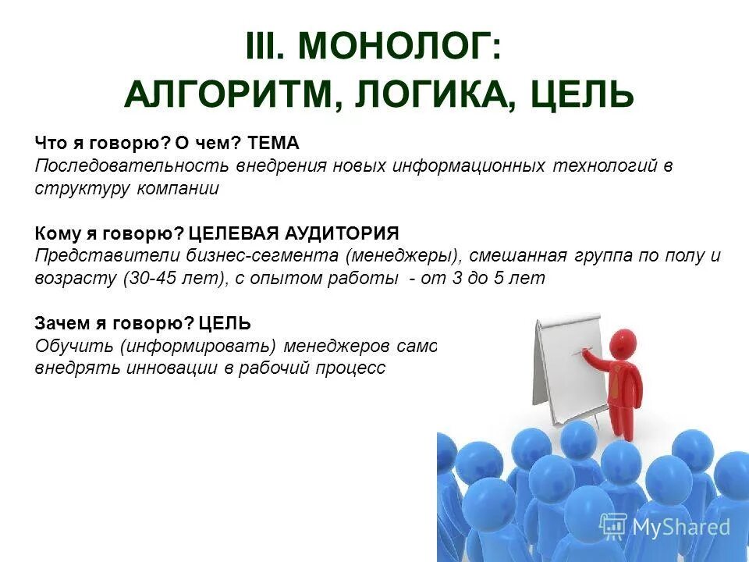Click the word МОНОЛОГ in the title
click(396, 49)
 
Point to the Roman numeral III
click(266, 49)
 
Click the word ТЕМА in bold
click(272, 144)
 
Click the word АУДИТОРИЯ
click(343, 233)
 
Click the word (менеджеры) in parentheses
click(403, 256)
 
